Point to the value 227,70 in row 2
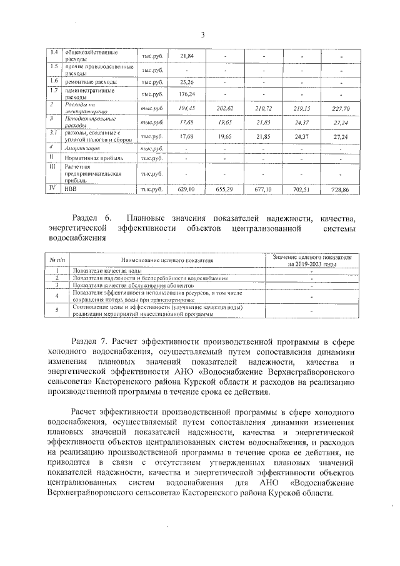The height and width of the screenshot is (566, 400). point(341,109)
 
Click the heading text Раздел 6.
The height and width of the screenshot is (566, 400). point(91,218)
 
